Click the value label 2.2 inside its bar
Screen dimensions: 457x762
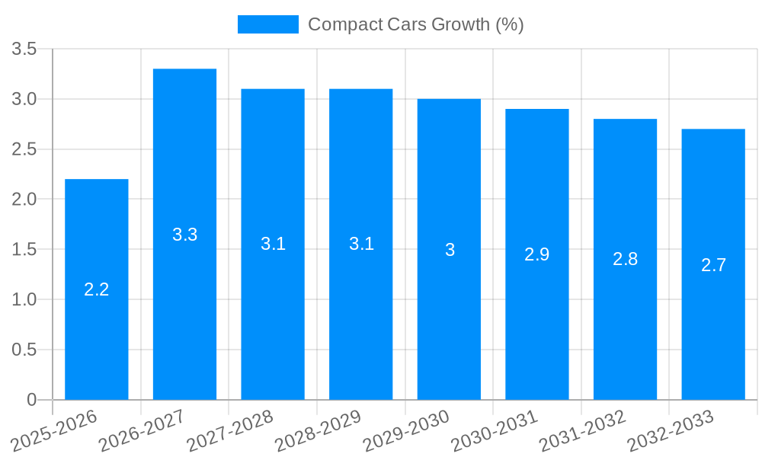pos(97,289)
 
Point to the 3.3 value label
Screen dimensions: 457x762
pos(184,235)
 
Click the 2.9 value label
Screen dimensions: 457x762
pos(537,254)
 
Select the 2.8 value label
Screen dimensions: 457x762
pos(625,259)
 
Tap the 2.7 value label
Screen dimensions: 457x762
pos(713,265)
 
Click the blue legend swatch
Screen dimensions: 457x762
pos(267,24)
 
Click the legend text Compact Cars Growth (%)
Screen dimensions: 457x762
pos(415,24)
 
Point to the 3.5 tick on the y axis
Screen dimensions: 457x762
pos(24,50)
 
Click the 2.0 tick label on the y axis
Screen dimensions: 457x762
pos(24,200)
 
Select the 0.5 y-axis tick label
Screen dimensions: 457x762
pos(24,350)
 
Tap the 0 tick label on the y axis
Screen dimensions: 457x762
pos(31,400)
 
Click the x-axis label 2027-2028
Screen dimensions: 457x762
pos(231,430)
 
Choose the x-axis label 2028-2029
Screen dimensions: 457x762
pos(319,430)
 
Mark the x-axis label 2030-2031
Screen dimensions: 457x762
pos(495,430)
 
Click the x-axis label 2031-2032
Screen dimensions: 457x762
pos(583,430)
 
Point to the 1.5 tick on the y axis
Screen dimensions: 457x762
pos(24,250)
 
